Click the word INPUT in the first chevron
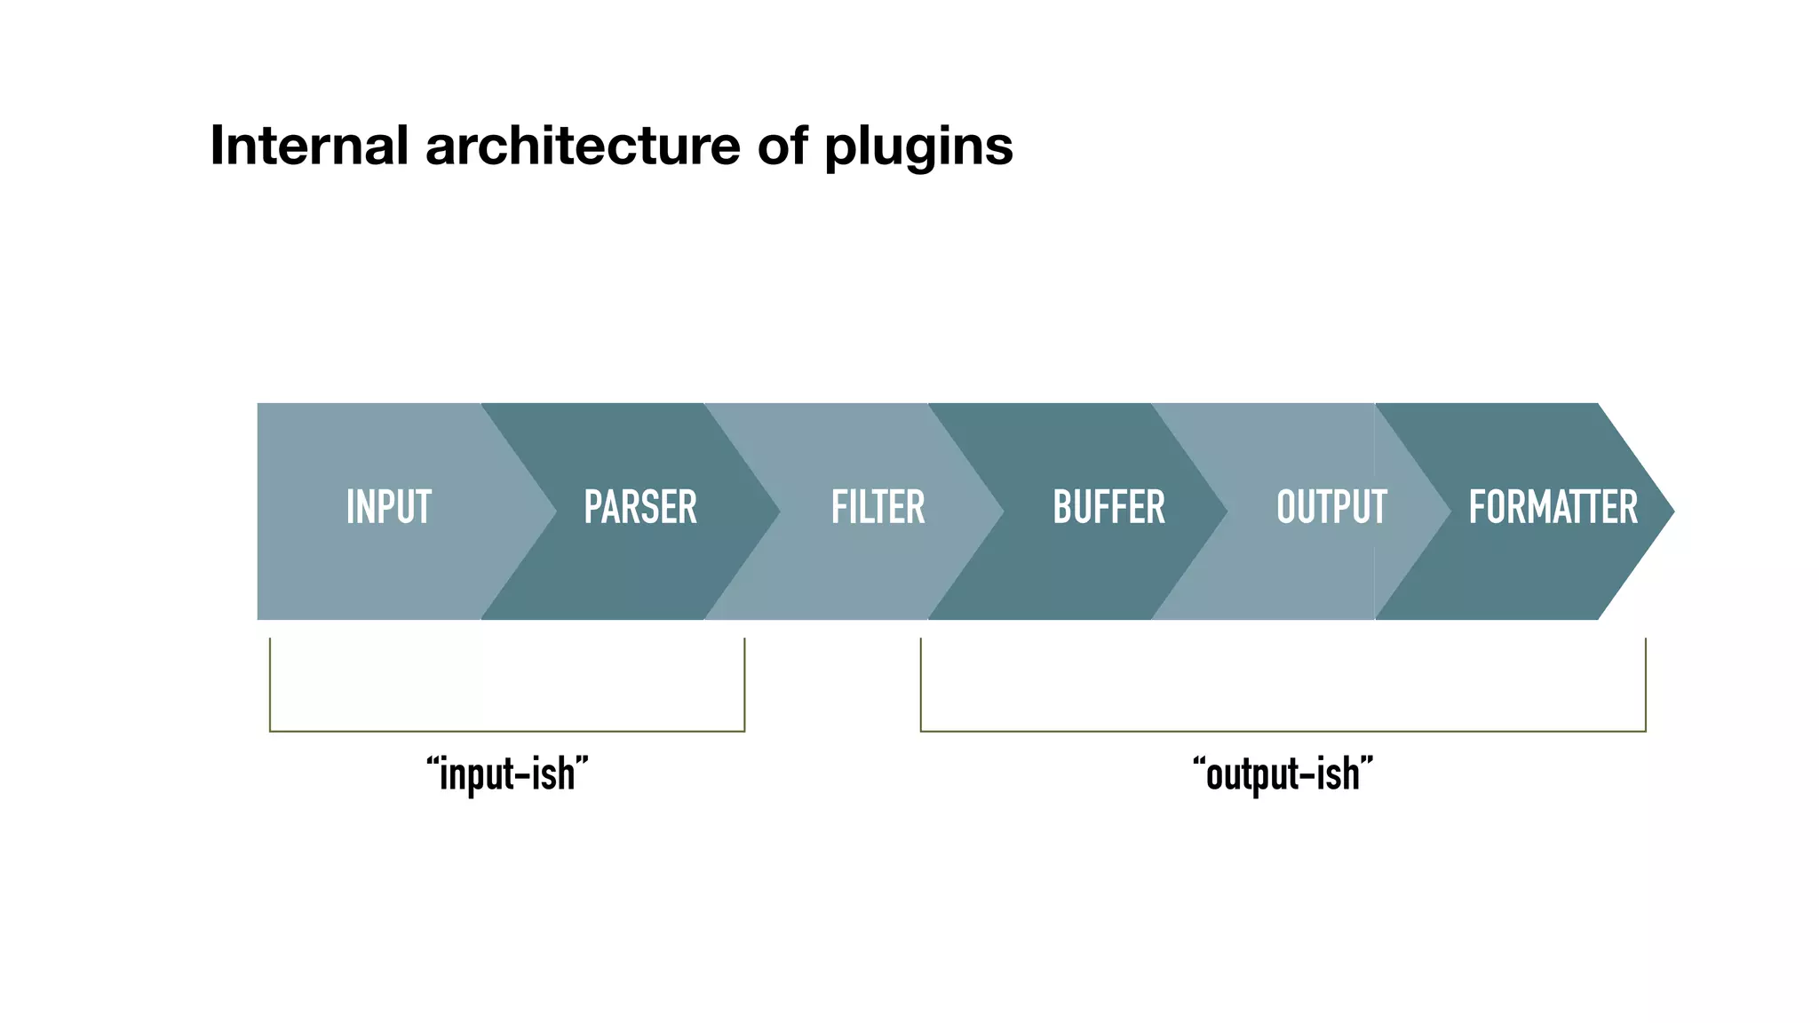click(x=388, y=508)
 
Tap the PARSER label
click(x=639, y=508)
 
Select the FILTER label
click(x=878, y=508)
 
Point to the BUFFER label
click(x=1108, y=508)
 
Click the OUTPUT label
click(x=1330, y=508)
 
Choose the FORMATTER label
click(x=1553, y=508)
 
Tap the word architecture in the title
click(x=583, y=146)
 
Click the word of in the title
click(x=782, y=146)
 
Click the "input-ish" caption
click(x=507, y=774)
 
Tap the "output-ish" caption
click(x=1283, y=774)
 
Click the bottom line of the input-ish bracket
click(x=507, y=731)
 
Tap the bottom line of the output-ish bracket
click(x=1283, y=731)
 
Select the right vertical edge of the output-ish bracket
click(x=1645, y=684)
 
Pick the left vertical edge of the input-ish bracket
click(x=270, y=684)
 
